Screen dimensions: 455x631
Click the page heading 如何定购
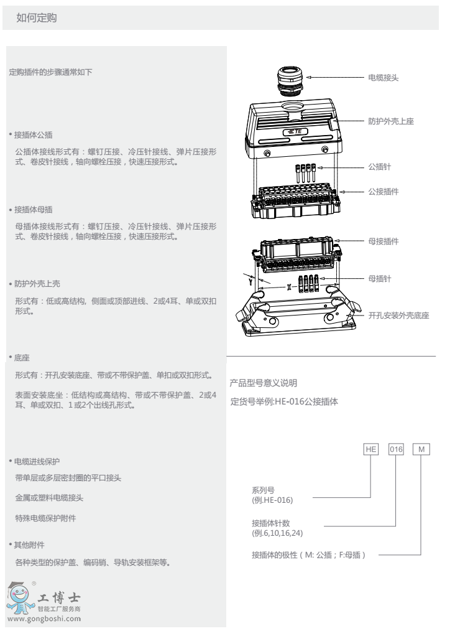pos(37,17)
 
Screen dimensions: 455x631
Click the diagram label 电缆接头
pos(384,78)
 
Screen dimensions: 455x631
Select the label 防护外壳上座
pos(391,121)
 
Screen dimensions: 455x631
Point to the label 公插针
pos(379,167)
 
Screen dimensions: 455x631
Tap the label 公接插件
pos(384,192)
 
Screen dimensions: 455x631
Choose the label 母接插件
pos(384,241)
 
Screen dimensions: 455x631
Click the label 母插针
pos(379,279)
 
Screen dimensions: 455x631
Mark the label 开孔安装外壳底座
pos(398,315)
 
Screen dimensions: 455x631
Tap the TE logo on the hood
pos(295,131)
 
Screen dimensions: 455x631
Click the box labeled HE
pos(371,449)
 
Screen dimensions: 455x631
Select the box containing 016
pos(396,449)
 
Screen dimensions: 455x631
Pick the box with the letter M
pos(421,449)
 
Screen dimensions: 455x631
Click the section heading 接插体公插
pos(34,135)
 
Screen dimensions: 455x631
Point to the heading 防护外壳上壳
pos(37,284)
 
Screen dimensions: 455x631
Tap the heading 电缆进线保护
pos(37,462)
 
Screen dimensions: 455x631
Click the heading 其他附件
pos(29,545)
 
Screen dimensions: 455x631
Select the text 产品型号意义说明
pos(264,383)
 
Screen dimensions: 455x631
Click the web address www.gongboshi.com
pos(44,619)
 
